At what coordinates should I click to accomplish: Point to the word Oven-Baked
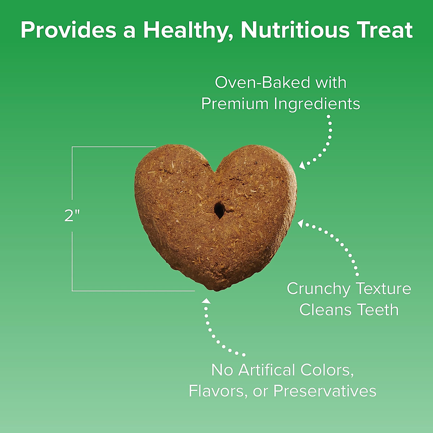pos(262,83)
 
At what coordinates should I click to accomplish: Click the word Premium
pos(235,104)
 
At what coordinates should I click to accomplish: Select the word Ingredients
pos(317,104)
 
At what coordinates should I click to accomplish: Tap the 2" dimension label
pos(72,216)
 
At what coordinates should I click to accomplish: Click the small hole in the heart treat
pos(219,210)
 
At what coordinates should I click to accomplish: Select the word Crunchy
pos(318,289)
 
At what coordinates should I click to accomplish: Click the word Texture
pos(383,289)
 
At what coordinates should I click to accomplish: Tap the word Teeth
pos(378,310)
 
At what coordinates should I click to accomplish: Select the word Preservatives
pos(325,391)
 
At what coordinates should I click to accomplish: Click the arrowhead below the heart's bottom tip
pos(206,301)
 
